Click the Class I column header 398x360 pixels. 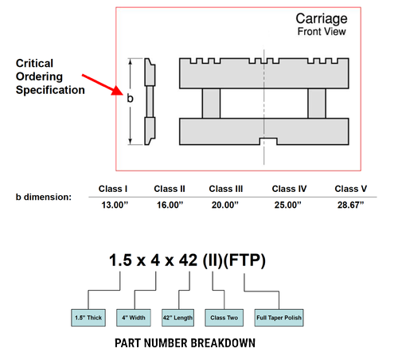click(113, 189)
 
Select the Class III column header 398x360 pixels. click(226, 189)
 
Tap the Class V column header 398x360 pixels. click(351, 189)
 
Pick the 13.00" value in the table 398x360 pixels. click(115, 205)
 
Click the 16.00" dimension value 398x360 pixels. click(170, 205)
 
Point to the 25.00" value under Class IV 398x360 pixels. click(288, 205)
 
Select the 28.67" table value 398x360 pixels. click(350, 205)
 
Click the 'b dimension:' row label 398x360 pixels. click(44, 197)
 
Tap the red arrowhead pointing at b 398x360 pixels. click(118, 90)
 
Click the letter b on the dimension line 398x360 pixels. click(130, 98)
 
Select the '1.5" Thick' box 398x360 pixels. click(88, 318)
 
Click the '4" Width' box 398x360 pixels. click(134, 318)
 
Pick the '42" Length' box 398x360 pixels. click(178, 318)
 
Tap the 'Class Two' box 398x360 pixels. click(224, 318)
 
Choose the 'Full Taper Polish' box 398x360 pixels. click(279, 318)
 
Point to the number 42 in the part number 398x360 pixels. click(188, 260)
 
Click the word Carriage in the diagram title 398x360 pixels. click(322, 19)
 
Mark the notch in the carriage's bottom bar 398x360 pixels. click(268, 142)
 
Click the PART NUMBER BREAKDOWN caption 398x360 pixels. click(185, 343)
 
